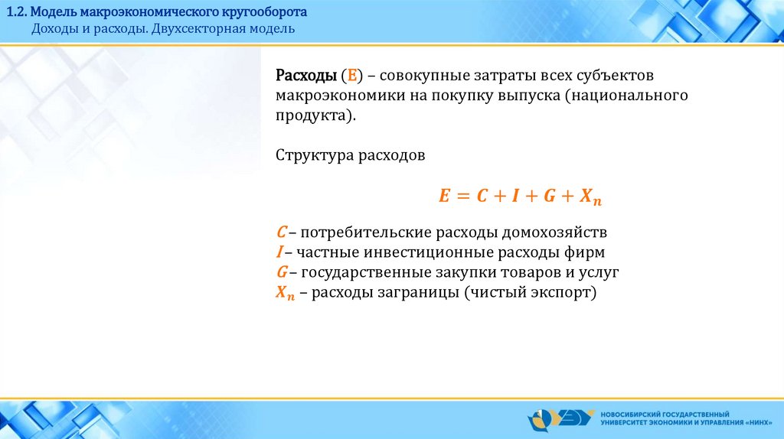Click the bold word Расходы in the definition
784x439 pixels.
pyautogui.click(x=306, y=76)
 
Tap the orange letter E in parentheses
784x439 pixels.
pyautogui.click(x=352, y=76)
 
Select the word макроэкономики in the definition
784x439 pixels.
pyautogui.click(x=340, y=96)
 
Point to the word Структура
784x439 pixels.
pyautogui.click(x=315, y=156)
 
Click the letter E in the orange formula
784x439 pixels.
pyautogui.click(x=444, y=195)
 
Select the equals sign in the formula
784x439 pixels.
pyautogui.click(x=463, y=196)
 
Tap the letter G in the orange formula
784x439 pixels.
pyautogui.click(x=550, y=195)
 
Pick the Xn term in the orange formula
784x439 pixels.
pyautogui.click(x=590, y=197)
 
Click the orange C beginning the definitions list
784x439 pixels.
pyautogui.click(x=282, y=233)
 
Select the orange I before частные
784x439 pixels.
pyautogui.click(x=279, y=252)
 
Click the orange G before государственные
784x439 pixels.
pyautogui.click(x=282, y=272)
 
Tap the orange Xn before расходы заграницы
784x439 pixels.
pyautogui.click(x=285, y=293)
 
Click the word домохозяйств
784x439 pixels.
pyautogui.click(x=554, y=233)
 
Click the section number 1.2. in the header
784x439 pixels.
pyautogui.click(x=17, y=12)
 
